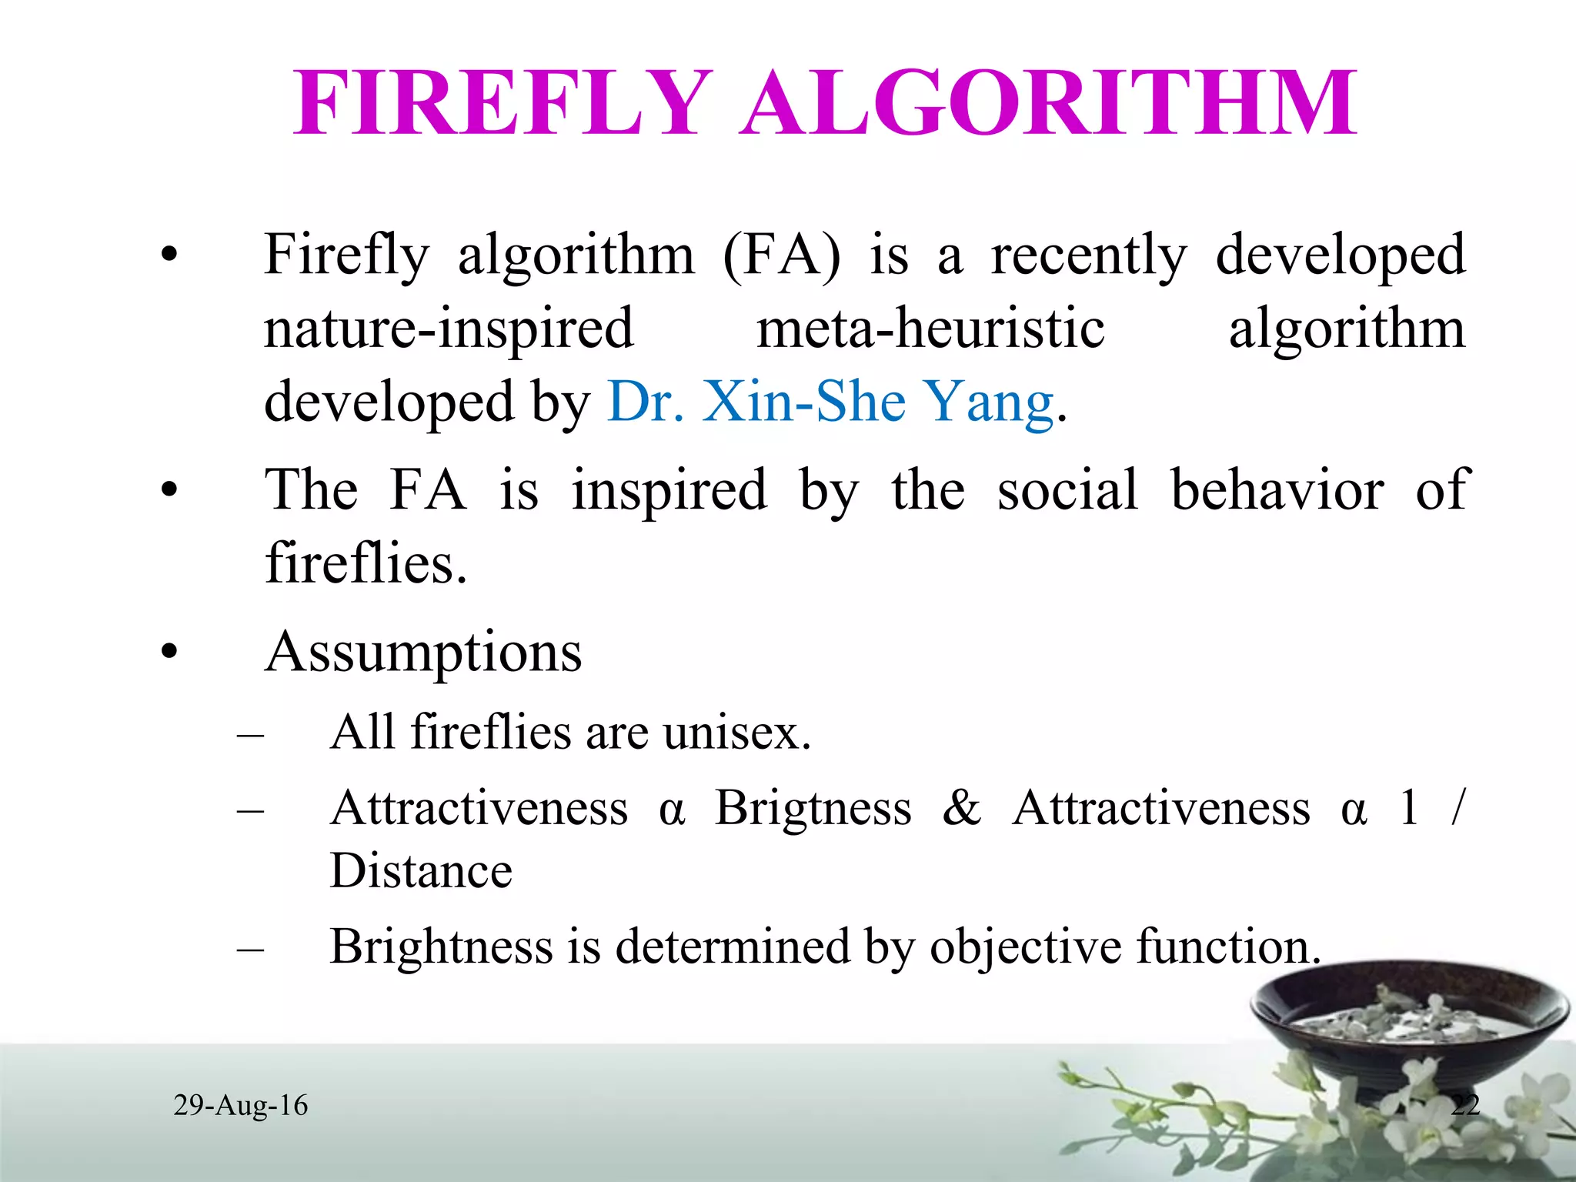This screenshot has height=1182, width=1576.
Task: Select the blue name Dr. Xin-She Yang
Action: (830, 402)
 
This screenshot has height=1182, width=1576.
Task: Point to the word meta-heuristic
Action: (930, 329)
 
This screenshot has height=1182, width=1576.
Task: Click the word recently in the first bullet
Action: (1089, 256)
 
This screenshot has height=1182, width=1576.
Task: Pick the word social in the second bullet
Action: (1067, 489)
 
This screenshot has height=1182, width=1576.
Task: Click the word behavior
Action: (1277, 489)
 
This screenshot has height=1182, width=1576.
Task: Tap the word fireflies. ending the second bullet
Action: (366, 563)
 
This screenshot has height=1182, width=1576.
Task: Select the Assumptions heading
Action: (423, 653)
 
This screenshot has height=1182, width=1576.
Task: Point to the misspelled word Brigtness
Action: (813, 808)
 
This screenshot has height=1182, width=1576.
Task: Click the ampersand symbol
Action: (962, 808)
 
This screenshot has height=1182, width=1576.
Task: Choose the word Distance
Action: (421, 871)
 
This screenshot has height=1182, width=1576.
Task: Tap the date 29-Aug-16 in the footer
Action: (240, 1105)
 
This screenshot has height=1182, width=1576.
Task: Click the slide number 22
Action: (1465, 1105)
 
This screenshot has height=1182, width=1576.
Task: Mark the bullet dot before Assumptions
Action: (169, 653)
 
